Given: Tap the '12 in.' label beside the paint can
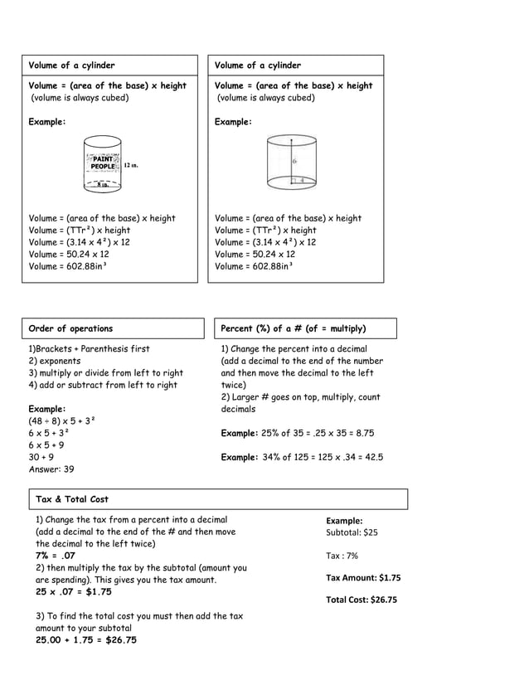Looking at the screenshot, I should click(131, 166).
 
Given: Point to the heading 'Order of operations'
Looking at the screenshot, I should click(71, 328).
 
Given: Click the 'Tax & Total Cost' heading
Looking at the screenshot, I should click(72, 499).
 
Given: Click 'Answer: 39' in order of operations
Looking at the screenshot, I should click(51, 469).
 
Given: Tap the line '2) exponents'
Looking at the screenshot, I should click(55, 361).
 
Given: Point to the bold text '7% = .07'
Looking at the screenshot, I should click(56, 556).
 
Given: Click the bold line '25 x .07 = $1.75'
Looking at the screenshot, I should click(73, 592).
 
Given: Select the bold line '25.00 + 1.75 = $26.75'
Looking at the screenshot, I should click(86, 640).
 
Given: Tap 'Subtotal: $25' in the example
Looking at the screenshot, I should click(352, 532).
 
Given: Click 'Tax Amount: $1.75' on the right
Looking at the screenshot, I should click(363, 577).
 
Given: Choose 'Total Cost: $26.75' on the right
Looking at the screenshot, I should click(362, 600).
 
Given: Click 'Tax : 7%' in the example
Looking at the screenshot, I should click(342, 556).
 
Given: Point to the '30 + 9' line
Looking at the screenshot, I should click(41, 456).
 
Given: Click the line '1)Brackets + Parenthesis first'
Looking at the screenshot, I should click(90, 349).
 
